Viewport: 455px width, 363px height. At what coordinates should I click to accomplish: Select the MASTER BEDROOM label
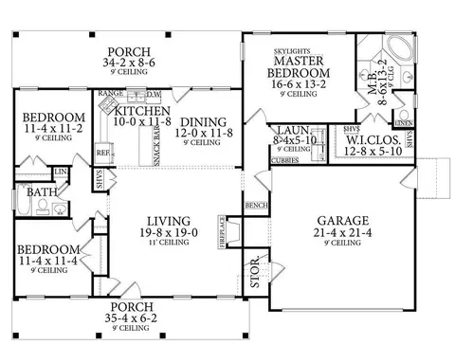(288, 66)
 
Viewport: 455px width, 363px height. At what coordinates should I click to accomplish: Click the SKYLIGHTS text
(288, 45)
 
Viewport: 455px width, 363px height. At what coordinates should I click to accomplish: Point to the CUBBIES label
(289, 159)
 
